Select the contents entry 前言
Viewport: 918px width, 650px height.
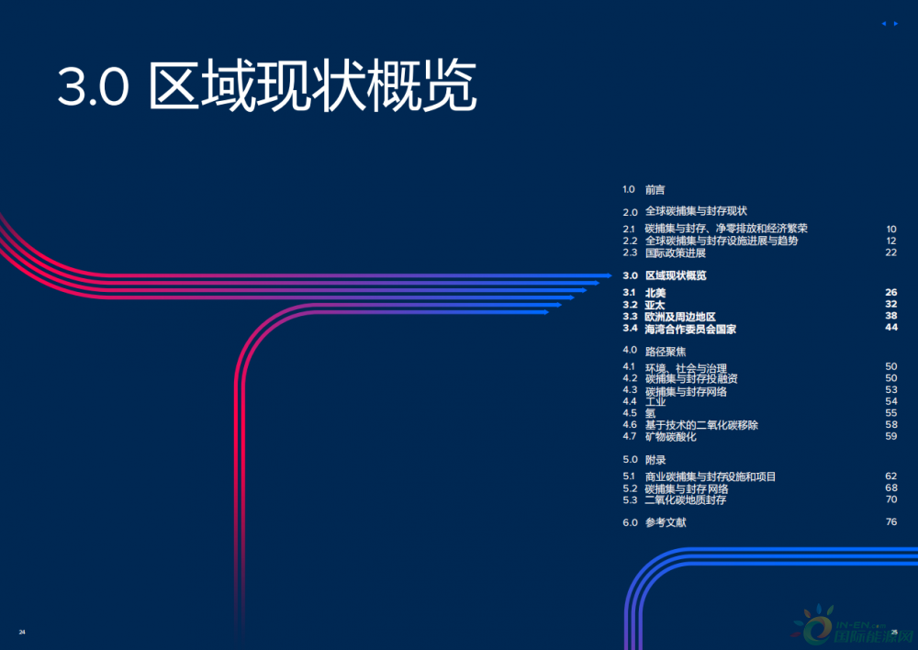pyautogui.click(x=655, y=190)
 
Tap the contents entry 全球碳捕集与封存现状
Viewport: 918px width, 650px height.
pyautogui.click(x=696, y=211)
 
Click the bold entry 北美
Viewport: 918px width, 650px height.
pyautogui.click(x=655, y=293)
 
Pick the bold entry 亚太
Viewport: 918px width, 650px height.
pyautogui.click(x=655, y=305)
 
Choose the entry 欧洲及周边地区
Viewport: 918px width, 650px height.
pyautogui.click(x=680, y=317)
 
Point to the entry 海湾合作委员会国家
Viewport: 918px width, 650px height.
pyautogui.click(x=690, y=329)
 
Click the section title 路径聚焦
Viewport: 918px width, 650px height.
pyautogui.click(x=666, y=351)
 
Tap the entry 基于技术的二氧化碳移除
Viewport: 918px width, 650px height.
pyautogui.click(x=701, y=425)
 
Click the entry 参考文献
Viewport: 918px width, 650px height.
pyautogui.click(x=666, y=522)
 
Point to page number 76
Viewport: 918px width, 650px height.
pyautogui.click(x=890, y=522)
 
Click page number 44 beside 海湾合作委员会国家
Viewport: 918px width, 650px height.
pyautogui.click(x=890, y=329)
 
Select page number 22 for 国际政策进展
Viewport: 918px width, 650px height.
pyautogui.click(x=890, y=252)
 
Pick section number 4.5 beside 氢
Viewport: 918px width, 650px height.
pyautogui.click(x=629, y=413)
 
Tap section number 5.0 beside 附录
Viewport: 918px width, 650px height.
pyautogui.click(x=630, y=459)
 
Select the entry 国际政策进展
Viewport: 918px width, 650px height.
pyautogui.click(x=676, y=252)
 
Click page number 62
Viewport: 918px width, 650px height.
pyautogui.click(x=890, y=476)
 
